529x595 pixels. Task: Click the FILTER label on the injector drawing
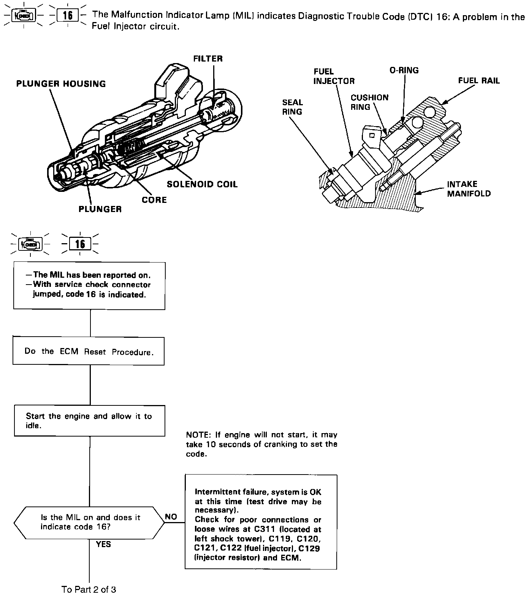(x=208, y=59)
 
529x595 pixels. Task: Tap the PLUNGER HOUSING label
(x=61, y=84)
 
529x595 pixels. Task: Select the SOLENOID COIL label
(x=202, y=184)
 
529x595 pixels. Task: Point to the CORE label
(x=154, y=200)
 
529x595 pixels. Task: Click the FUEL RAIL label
(x=479, y=81)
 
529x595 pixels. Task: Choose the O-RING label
(x=404, y=70)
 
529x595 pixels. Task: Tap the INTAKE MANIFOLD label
(x=469, y=189)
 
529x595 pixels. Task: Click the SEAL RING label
(x=292, y=107)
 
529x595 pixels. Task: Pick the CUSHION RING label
(x=369, y=102)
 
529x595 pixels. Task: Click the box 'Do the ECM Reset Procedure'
(x=89, y=351)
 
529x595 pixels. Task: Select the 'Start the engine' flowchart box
(x=89, y=421)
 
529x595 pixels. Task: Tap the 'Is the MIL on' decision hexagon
(x=89, y=522)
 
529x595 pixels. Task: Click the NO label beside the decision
(x=171, y=517)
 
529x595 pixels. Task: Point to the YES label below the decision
(x=103, y=544)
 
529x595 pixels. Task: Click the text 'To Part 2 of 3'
(x=89, y=589)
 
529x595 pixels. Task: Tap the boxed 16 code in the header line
(x=68, y=16)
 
